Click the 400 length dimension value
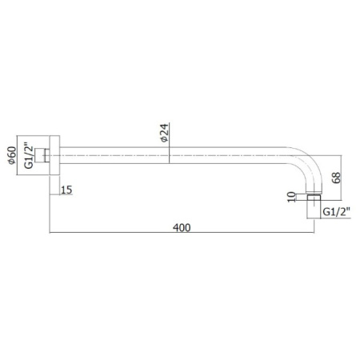coord(182,227)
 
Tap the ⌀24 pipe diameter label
coord(165,133)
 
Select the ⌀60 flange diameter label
coord(12,155)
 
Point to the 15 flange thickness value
coord(66,190)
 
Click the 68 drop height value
coord(336,178)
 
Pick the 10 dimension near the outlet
coord(292,197)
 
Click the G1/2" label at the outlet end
coord(336,212)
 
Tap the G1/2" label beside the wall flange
coord(29,157)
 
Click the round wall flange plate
coord(54,155)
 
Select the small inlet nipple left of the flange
coord(42,155)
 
